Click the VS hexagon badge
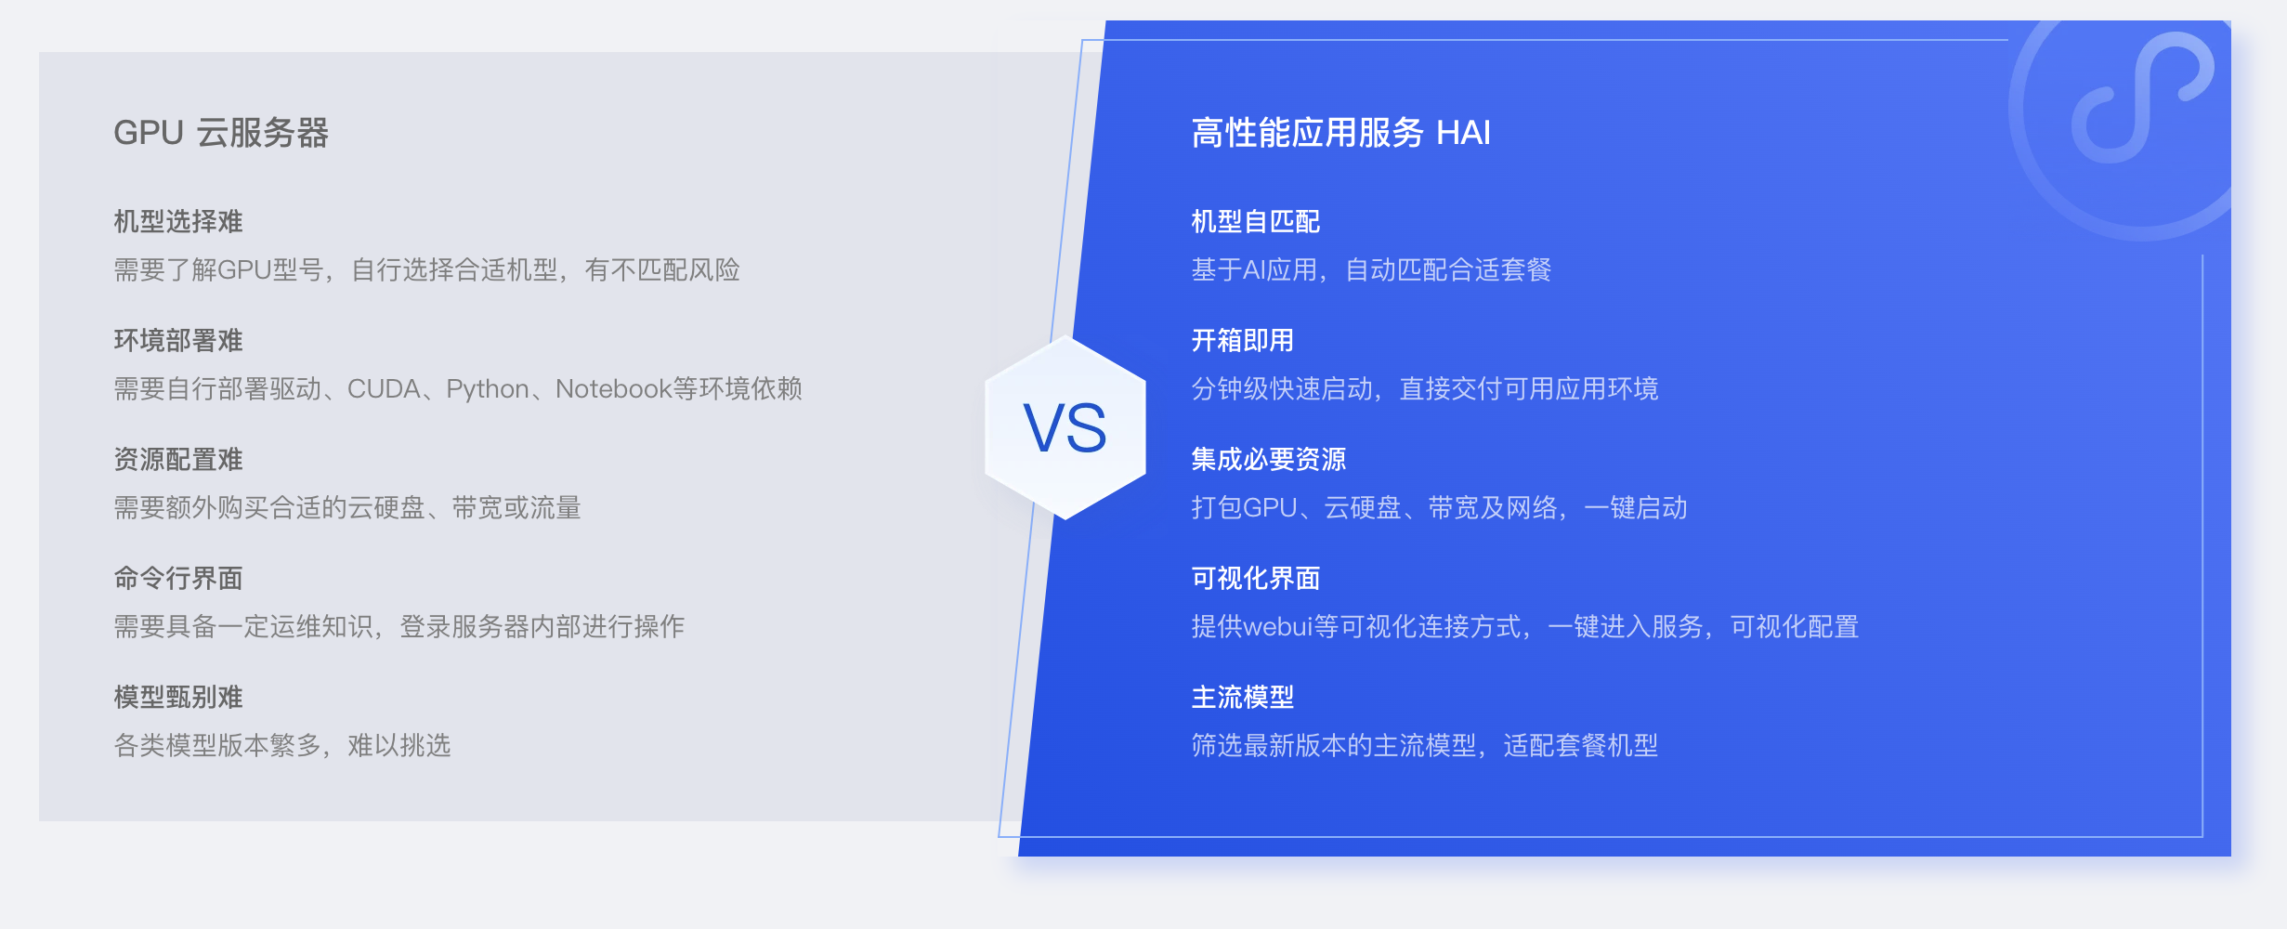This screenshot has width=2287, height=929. point(1065,427)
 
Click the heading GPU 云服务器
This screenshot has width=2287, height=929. point(221,133)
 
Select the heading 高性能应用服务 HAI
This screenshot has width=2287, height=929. point(1340,133)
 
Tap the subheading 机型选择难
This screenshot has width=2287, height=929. point(178,221)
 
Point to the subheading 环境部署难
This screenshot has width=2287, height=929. point(178,340)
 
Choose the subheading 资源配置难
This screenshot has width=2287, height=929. point(178,459)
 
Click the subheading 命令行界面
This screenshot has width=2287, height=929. point(178,578)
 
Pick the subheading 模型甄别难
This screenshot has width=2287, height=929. point(178,697)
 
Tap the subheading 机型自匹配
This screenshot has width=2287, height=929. point(1256,221)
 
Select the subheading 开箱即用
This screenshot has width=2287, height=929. point(1243,340)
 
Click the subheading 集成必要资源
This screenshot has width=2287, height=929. point(1269,459)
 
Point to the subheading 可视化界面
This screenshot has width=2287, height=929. point(1256,578)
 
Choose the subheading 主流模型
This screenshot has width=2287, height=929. point(1243,697)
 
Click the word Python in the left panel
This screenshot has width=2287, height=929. point(488,389)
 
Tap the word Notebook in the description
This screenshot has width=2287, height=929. point(613,388)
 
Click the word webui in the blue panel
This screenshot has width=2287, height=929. point(1277,627)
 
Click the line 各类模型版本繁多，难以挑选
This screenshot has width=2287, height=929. point(282,745)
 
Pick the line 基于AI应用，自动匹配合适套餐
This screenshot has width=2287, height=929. point(1371,269)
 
